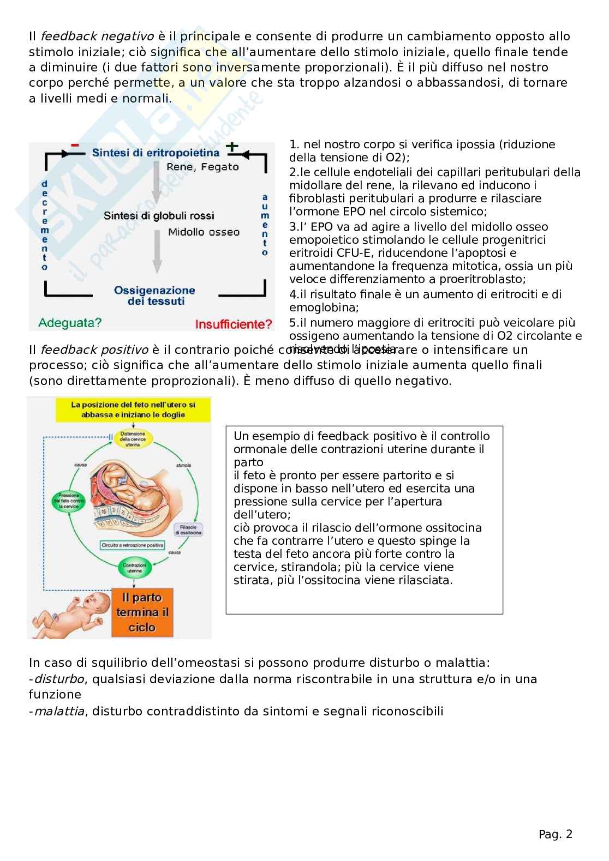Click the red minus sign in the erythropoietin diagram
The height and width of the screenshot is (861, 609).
click(x=75, y=145)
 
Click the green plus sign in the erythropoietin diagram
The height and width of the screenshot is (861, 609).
click(x=233, y=146)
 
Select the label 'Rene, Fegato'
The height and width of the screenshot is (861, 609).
click(x=202, y=167)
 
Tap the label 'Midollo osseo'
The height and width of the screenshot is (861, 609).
click(x=204, y=232)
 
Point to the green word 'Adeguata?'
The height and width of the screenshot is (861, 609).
click(x=70, y=322)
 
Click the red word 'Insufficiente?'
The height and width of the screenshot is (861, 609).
click(x=234, y=324)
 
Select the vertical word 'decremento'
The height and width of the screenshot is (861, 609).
click(x=45, y=226)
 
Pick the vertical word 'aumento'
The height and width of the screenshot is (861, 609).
click(x=265, y=225)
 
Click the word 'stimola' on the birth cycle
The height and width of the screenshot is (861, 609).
click(x=183, y=465)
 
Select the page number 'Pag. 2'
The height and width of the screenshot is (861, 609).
click(x=556, y=834)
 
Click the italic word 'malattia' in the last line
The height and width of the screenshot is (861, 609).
click(x=59, y=711)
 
